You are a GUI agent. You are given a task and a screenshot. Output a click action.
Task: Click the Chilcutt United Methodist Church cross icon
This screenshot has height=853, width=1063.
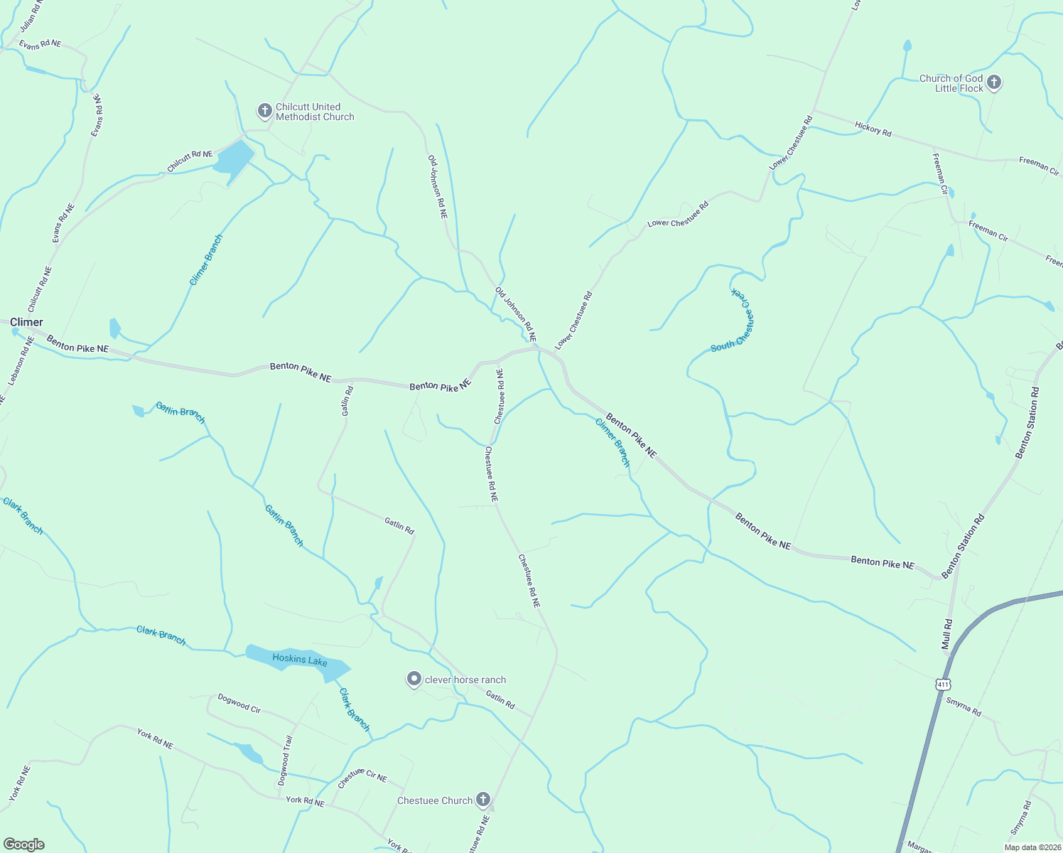tap(264, 111)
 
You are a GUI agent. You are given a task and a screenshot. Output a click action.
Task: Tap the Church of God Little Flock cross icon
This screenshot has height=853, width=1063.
tap(994, 83)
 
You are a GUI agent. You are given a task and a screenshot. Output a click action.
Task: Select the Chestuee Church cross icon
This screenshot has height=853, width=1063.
tap(483, 800)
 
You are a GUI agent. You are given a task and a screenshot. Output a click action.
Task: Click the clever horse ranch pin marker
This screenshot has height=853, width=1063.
tap(414, 679)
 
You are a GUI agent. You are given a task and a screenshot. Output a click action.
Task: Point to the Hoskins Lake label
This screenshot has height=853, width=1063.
tap(300, 659)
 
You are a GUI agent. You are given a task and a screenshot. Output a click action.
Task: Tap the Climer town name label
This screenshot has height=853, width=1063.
tap(26, 322)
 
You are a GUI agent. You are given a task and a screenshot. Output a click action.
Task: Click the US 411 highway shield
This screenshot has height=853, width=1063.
tap(942, 685)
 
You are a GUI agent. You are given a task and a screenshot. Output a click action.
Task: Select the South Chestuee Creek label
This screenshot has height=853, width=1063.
tap(733, 321)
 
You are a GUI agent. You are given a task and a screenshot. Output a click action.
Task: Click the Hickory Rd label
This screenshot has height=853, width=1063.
tap(873, 129)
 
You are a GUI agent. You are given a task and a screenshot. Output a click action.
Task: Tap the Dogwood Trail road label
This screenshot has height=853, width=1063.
tap(285, 761)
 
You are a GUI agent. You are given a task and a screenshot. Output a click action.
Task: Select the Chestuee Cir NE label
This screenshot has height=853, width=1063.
tap(362, 778)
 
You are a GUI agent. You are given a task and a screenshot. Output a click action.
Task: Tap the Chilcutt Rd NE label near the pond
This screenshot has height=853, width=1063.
tap(190, 161)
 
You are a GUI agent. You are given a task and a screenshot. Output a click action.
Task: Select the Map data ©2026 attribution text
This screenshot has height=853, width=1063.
tap(1032, 847)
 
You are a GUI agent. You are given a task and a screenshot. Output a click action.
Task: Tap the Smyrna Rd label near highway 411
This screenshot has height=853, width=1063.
tap(964, 707)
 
